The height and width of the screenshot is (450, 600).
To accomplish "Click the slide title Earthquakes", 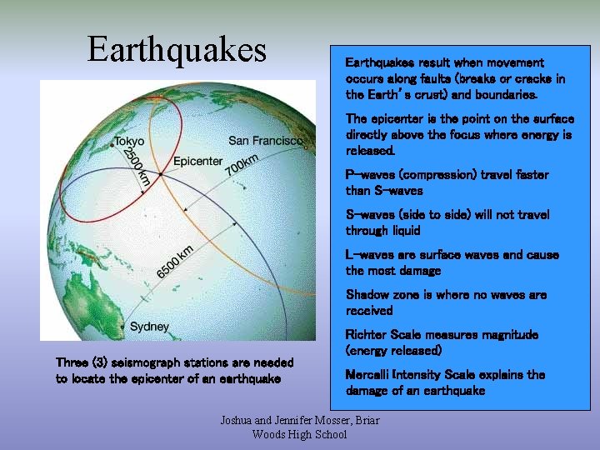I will pyautogui.click(x=177, y=50).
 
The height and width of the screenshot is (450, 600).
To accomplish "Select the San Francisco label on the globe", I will pyautogui.click(x=266, y=140).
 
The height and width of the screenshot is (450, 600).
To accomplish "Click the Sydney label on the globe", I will pyautogui.click(x=149, y=326).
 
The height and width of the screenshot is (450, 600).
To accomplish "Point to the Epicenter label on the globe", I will pyautogui.click(x=198, y=161).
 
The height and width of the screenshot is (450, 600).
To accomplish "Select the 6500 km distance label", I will pyautogui.click(x=176, y=262).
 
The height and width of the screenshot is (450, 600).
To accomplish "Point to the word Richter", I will pyautogui.click(x=367, y=335).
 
